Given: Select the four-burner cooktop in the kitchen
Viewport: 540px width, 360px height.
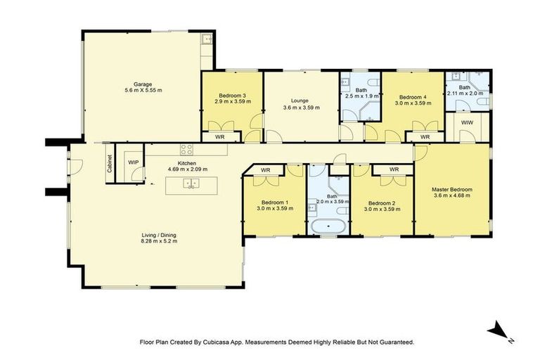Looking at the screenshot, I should [x=187, y=149].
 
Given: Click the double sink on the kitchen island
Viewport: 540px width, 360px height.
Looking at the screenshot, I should [x=191, y=184].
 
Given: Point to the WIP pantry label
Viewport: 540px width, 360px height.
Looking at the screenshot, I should [x=133, y=162].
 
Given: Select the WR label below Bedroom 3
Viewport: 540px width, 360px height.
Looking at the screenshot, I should [x=219, y=136].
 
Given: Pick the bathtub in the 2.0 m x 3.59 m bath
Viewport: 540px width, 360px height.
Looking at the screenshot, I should [x=329, y=227].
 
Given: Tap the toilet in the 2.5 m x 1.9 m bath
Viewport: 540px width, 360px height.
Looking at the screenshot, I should [x=375, y=86].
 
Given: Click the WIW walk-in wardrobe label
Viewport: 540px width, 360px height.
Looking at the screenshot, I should [x=468, y=123].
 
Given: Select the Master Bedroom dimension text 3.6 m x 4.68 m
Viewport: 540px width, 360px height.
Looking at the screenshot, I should [x=451, y=195].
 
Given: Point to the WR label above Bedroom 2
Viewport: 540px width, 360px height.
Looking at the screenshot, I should [x=394, y=169].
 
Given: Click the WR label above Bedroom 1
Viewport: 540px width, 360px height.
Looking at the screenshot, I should [x=266, y=169].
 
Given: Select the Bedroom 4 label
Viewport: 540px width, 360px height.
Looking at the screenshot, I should [x=413, y=97].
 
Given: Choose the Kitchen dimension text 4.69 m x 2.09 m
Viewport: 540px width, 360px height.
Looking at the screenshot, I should [x=186, y=169].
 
